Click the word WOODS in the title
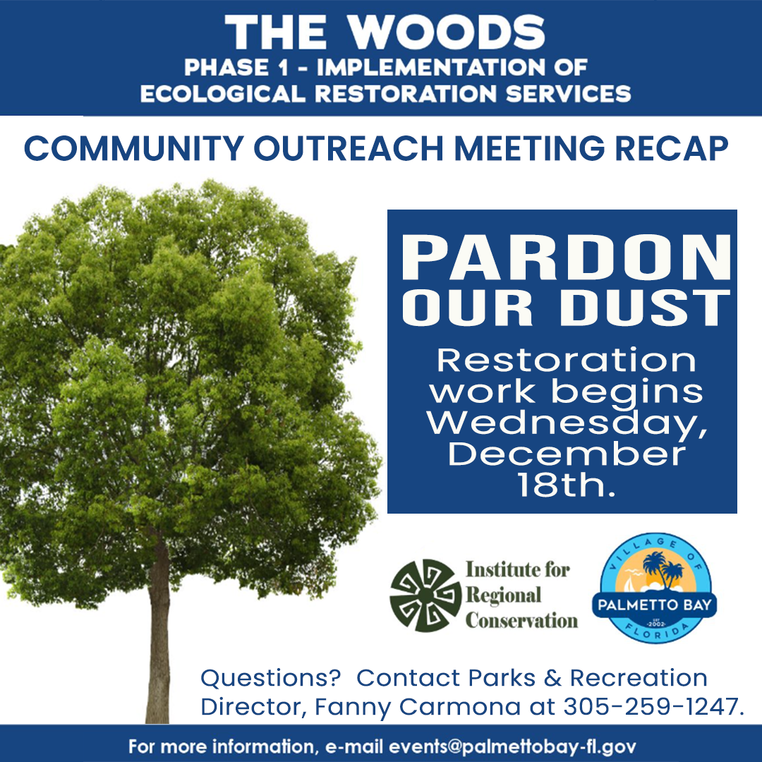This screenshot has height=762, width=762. (447, 33)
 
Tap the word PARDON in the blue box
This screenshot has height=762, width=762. (562, 259)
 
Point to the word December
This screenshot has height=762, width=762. (567, 454)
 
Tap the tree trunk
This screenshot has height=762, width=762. (158, 635)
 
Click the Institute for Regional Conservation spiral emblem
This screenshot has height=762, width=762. (423, 595)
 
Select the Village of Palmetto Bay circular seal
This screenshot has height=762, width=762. (655, 589)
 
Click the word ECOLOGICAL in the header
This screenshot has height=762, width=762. (223, 93)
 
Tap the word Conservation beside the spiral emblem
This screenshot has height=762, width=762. (521, 621)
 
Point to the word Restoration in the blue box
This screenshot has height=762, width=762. (566, 361)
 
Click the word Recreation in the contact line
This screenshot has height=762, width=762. (639, 678)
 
